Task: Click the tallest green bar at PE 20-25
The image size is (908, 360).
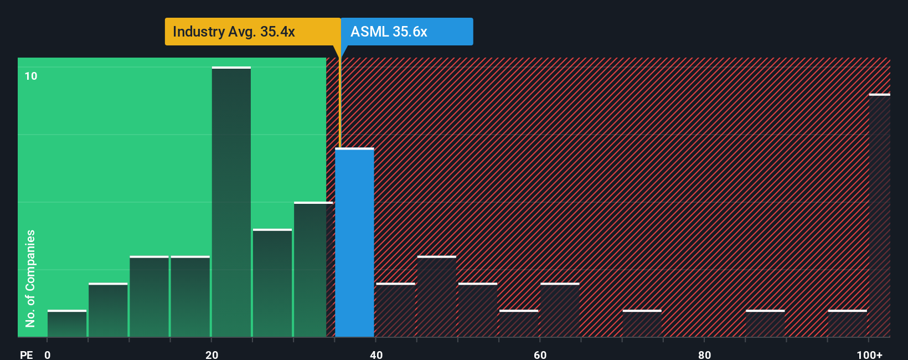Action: pos(231,202)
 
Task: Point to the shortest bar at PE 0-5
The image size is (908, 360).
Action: pos(67,324)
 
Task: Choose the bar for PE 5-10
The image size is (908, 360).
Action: pos(108,310)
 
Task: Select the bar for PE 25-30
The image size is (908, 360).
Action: pos(272,283)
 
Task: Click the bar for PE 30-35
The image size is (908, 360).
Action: pos(313,270)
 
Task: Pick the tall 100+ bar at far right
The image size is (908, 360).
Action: pos(879,216)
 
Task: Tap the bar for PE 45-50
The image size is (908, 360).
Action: pos(437,297)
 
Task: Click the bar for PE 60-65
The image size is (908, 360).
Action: pos(560,310)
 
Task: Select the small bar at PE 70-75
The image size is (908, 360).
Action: pos(642,324)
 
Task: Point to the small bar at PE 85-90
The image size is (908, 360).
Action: pos(765,324)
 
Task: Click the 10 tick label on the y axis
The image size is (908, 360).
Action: pos(31,76)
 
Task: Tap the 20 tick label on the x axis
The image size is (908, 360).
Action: pos(211,354)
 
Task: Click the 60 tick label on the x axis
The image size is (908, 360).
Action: pos(540,354)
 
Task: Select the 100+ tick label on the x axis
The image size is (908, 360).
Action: pos(869,354)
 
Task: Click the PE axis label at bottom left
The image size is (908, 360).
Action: pos(26,354)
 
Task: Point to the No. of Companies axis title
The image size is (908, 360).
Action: pos(30,278)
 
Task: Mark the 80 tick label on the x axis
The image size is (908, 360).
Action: pos(704,354)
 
